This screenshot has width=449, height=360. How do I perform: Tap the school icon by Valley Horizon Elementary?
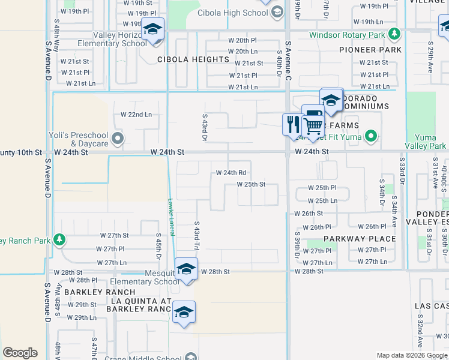point(153,30)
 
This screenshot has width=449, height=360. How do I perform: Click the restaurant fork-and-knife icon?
point(292,125)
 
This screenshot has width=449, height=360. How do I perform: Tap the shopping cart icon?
point(313,126)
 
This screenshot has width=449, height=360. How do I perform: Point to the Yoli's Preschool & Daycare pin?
point(118,140)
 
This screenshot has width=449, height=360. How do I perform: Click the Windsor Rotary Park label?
point(347,35)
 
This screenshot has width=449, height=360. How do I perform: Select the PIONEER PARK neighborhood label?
point(370,49)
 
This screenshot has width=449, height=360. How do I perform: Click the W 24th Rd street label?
point(231,173)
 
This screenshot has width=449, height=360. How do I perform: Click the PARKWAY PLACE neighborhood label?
point(360,239)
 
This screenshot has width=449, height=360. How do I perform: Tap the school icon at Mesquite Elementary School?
point(186,269)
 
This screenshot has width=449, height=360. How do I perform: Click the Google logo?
point(20,353)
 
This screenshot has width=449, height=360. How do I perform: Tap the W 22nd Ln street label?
point(136,114)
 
